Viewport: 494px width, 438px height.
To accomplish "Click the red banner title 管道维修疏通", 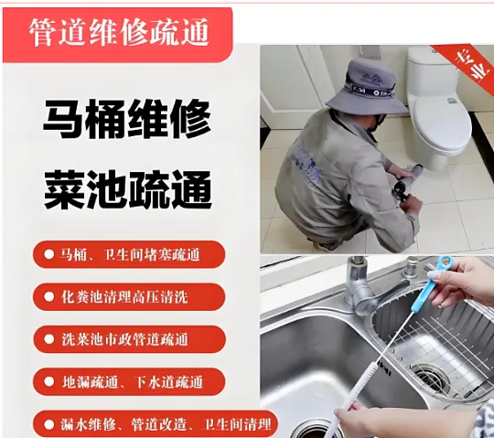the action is [x=118, y=32].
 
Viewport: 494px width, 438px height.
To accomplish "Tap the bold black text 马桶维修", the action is [x=126, y=120].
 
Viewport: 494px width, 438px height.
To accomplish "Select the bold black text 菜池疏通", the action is [x=127, y=190].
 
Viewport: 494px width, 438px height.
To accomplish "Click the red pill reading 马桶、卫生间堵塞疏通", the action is [x=129, y=254].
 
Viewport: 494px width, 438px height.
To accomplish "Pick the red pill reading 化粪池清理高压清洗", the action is [x=129, y=297].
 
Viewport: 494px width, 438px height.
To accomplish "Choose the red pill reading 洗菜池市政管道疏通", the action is [x=129, y=339].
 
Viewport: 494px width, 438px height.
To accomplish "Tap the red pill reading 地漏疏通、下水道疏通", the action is [x=129, y=381].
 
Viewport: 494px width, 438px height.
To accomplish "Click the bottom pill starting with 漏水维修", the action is [x=155, y=424].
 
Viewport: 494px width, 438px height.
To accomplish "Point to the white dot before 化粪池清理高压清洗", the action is [x=48, y=296].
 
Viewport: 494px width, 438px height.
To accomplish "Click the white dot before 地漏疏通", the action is [x=48, y=381].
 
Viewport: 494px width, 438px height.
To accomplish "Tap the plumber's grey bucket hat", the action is [x=368, y=87].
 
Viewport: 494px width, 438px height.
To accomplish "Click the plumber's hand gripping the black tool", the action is [x=410, y=203].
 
